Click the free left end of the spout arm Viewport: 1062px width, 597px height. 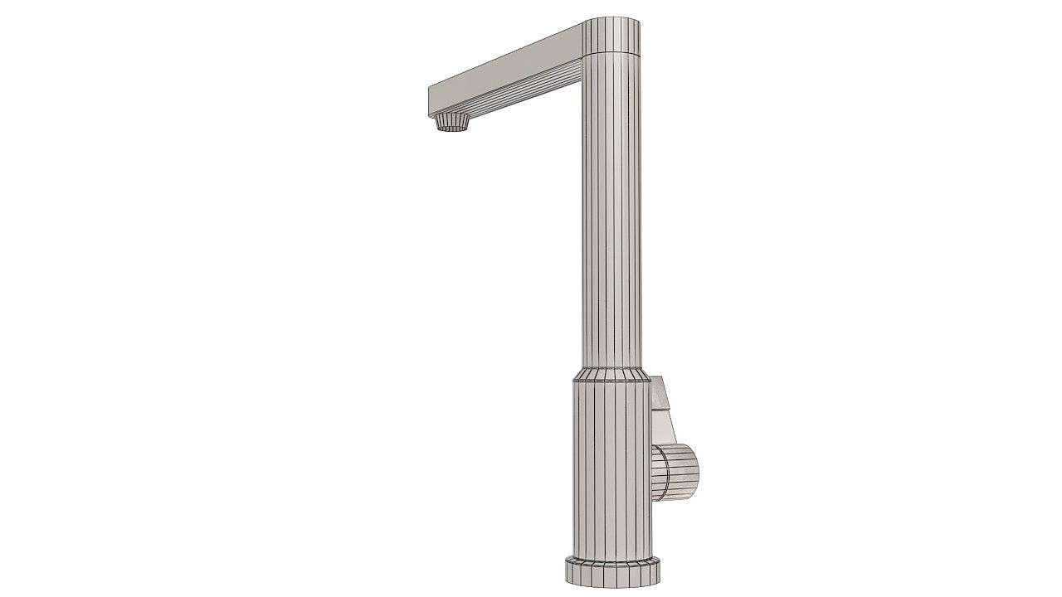point(430,101)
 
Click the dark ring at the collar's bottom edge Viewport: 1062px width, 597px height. point(611,382)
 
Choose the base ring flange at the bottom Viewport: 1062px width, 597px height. point(614,571)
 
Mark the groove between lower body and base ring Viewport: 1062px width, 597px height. point(614,557)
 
